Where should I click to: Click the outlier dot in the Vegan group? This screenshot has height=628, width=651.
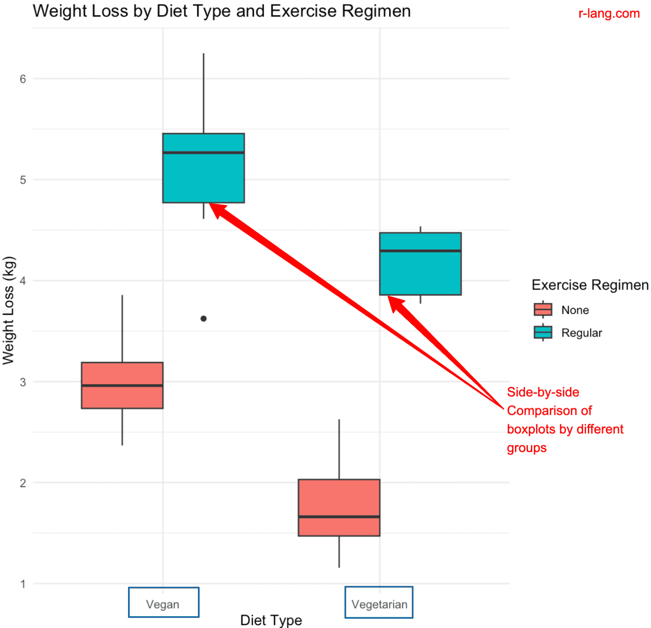pyautogui.click(x=203, y=318)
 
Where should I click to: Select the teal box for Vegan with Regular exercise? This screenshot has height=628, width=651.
pyautogui.click(x=203, y=178)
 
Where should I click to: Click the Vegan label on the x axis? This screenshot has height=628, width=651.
pyautogui.click(x=163, y=604)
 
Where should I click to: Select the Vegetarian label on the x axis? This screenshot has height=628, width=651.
pyautogui.click(x=379, y=604)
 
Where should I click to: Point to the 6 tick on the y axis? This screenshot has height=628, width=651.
pyautogui.click(x=23, y=79)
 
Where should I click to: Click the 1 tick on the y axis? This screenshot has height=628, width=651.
pyautogui.click(x=23, y=584)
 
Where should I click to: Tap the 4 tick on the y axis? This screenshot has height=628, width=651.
pyautogui.click(x=23, y=281)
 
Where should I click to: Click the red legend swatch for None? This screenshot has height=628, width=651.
pyautogui.click(x=543, y=310)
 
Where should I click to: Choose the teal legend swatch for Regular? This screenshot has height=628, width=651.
pyautogui.click(x=543, y=333)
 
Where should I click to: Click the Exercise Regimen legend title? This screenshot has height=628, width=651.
pyautogui.click(x=590, y=285)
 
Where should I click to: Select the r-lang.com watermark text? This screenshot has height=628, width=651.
pyautogui.click(x=609, y=14)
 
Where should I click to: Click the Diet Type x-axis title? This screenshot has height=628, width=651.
pyautogui.click(x=271, y=620)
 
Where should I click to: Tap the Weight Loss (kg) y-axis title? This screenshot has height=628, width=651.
pyautogui.click(x=8, y=310)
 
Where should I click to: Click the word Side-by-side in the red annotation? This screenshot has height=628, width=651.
pyautogui.click(x=543, y=392)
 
